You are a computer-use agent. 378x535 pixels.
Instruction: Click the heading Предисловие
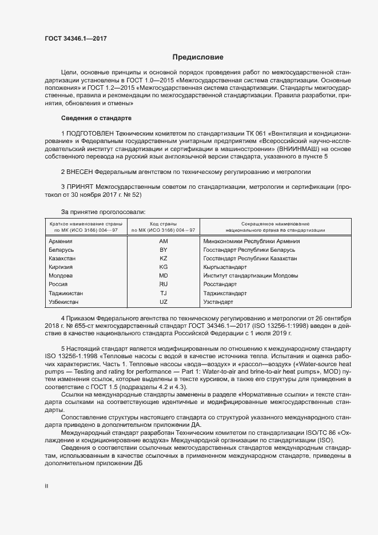(x=198, y=57)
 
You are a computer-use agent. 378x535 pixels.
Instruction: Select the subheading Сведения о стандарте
(x=96, y=118)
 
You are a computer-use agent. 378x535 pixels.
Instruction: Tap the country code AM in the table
(x=163, y=241)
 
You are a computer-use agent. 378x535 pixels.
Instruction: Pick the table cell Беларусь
(x=62, y=250)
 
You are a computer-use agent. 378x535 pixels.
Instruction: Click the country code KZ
(x=163, y=259)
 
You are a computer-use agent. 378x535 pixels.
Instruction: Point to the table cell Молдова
(x=62, y=276)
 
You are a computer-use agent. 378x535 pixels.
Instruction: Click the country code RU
(x=163, y=284)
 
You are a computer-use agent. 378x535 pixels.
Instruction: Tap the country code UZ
(x=163, y=302)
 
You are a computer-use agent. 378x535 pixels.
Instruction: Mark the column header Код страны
(x=163, y=223)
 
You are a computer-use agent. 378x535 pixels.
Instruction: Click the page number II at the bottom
(x=46, y=486)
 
